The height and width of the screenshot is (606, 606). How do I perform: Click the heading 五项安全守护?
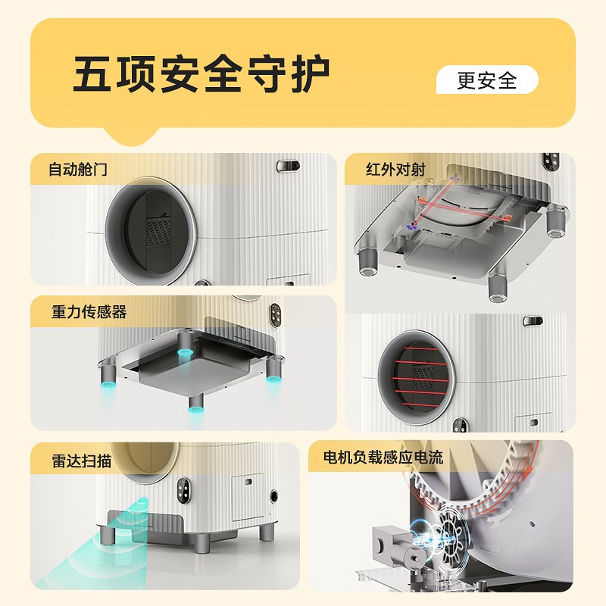[201, 74]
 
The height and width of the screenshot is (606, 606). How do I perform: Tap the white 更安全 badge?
[487, 80]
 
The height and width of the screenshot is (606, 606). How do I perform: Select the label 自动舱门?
[78, 170]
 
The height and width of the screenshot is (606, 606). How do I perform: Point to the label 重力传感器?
[89, 312]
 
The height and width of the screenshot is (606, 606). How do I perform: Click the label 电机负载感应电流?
[383, 457]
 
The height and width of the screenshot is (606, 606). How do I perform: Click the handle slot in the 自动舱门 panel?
[287, 165]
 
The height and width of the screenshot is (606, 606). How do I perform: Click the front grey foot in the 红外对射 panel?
[498, 286]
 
